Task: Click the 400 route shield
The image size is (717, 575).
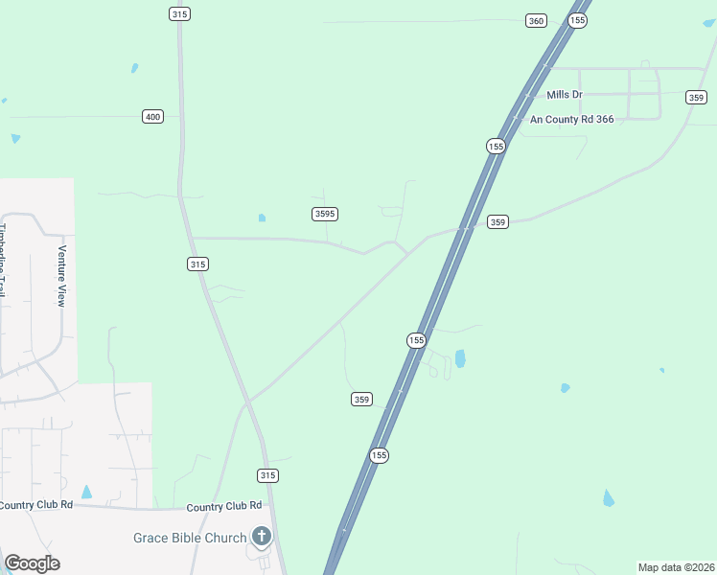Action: [x=152, y=116]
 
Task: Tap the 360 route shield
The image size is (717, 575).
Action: [x=536, y=21]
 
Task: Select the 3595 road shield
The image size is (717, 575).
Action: [x=325, y=214]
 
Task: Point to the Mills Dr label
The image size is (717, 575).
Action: [x=565, y=94]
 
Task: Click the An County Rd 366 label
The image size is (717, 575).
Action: [x=572, y=120]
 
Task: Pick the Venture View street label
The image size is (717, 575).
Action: [x=61, y=276]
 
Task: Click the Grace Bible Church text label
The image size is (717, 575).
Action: [x=190, y=538]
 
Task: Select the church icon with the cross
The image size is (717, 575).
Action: [x=262, y=535]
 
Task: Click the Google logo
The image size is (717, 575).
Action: [x=32, y=563]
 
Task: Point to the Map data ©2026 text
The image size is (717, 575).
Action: [x=676, y=567]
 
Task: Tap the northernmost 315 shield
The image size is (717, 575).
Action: [x=179, y=13]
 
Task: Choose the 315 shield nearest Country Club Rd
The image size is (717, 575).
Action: [x=268, y=475]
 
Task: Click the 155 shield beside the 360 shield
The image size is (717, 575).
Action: [x=577, y=20]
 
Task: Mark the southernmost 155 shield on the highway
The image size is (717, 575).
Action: [x=380, y=456]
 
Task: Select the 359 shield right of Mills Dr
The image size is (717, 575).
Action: [x=697, y=97]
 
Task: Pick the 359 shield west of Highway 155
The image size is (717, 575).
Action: [x=361, y=399]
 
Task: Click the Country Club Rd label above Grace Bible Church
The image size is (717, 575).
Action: [x=224, y=506]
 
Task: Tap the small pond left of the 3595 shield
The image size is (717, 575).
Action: [x=262, y=218]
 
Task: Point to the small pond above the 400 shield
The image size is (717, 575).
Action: [x=134, y=68]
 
